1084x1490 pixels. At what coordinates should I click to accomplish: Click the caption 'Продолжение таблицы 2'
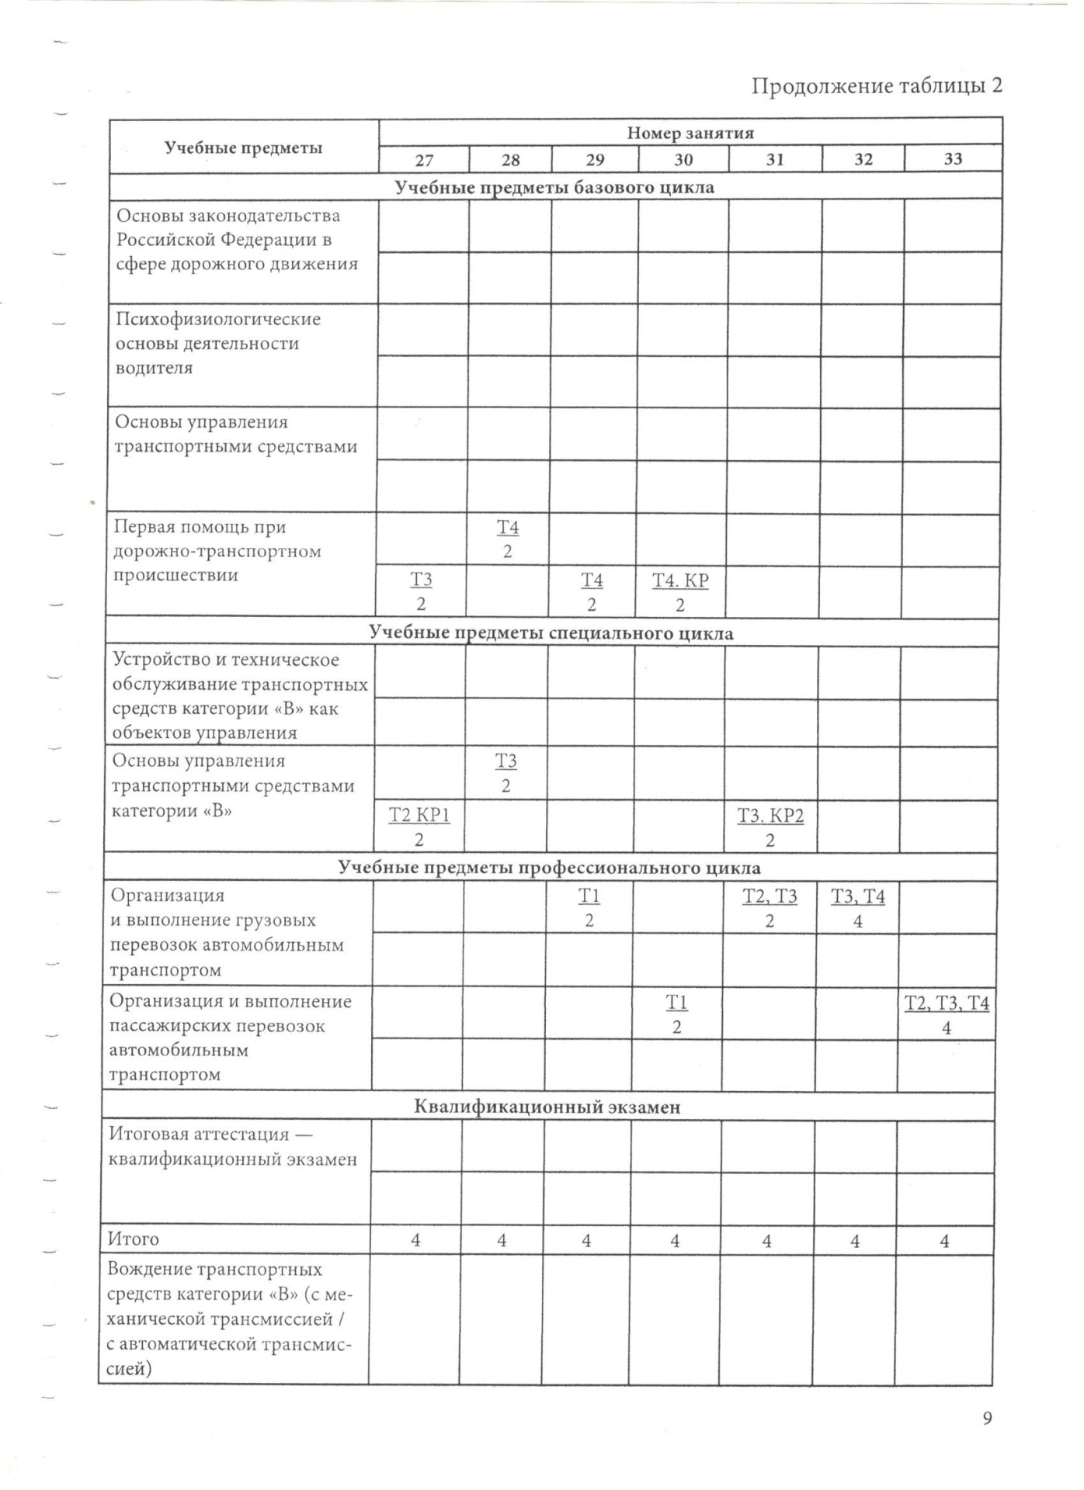click(876, 85)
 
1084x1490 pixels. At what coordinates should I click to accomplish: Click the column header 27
click(424, 160)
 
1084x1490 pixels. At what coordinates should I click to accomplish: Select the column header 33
click(953, 158)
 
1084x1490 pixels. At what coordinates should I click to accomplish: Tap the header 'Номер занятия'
click(690, 133)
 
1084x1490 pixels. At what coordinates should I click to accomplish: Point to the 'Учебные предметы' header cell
click(243, 147)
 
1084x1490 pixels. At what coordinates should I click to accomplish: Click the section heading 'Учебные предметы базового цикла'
click(554, 187)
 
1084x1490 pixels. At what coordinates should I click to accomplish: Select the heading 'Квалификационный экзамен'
click(547, 1107)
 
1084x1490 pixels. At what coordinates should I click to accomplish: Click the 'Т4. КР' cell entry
click(680, 580)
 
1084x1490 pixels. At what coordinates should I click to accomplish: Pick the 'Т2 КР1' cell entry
click(419, 815)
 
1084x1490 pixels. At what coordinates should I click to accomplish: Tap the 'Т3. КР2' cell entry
click(770, 816)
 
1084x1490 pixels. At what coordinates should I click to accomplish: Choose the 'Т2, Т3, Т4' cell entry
click(947, 1003)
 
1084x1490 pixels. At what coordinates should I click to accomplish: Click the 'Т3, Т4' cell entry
click(858, 896)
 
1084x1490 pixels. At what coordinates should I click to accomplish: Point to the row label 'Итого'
click(134, 1239)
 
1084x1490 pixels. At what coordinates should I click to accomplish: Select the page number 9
click(987, 1419)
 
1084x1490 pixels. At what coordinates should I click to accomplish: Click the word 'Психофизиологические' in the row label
click(218, 319)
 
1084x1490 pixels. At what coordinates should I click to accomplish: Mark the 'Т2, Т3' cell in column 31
click(770, 896)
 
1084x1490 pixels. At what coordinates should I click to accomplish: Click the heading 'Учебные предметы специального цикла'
click(551, 633)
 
